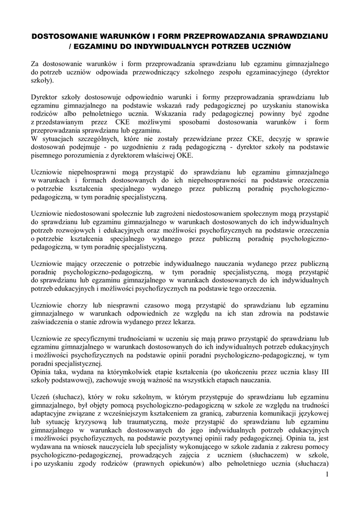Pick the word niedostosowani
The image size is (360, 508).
point(87,212)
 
